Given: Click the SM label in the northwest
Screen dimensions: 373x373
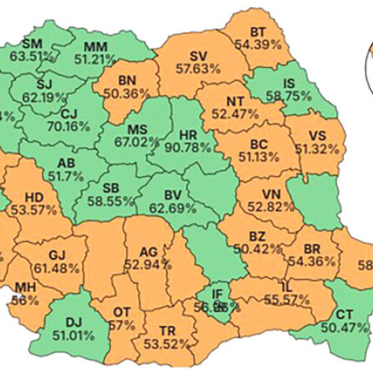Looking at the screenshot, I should click(x=33, y=43).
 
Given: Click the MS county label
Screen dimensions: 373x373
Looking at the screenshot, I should click(x=138, y=130).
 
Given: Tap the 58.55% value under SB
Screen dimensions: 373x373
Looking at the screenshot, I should click(x=113, y=201).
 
